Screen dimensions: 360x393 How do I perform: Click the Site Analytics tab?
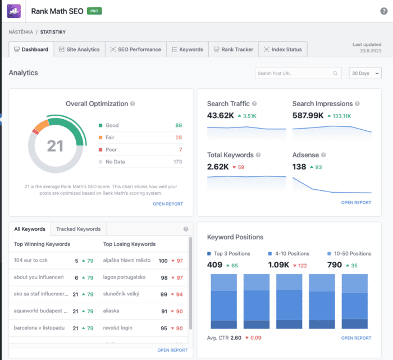click(79, 49)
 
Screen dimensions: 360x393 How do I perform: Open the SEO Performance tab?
click(136, 49)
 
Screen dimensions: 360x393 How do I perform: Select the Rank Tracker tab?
click(233, 49)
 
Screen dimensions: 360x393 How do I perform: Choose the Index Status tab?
click(283, 49)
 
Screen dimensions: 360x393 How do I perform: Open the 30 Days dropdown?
click(364, 74)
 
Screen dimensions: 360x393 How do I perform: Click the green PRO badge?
click(94, 11)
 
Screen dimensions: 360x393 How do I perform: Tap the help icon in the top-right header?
click(383, 11)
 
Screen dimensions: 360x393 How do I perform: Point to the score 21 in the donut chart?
click(55, 146)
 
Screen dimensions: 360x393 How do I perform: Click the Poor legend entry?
click(111, 150)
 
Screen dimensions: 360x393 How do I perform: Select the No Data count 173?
click(177, 162)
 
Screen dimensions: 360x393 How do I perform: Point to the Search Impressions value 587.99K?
click(308, 116)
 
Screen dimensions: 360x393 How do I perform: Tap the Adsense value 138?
click(299, 167)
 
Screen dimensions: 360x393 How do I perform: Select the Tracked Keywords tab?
click(78, 229)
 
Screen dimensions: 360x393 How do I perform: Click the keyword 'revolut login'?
click(118, 328)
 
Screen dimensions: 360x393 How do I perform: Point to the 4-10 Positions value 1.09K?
click(279, 265)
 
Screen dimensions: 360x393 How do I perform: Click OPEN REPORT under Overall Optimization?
click(168, 204)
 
